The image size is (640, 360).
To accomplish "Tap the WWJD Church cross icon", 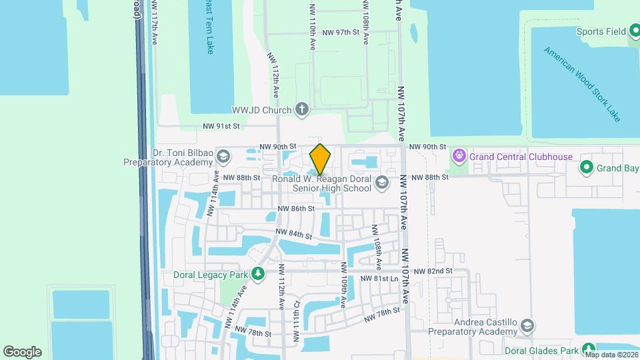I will [x=302, y=109].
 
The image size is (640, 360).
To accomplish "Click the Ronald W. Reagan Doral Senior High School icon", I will [x=382, y=183].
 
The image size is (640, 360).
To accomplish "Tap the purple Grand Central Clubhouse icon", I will [x=459, y=157].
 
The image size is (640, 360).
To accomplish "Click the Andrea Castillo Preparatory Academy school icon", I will [x=527, y=326].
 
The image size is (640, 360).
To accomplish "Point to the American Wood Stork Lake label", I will [x=582, y=84].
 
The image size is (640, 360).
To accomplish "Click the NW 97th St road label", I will [x=341, y=33].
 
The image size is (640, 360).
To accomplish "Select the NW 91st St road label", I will [x=221, y=126].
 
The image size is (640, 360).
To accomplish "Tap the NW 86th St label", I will [x=297, y=209].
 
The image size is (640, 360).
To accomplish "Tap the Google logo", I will [x=23, y=352].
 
